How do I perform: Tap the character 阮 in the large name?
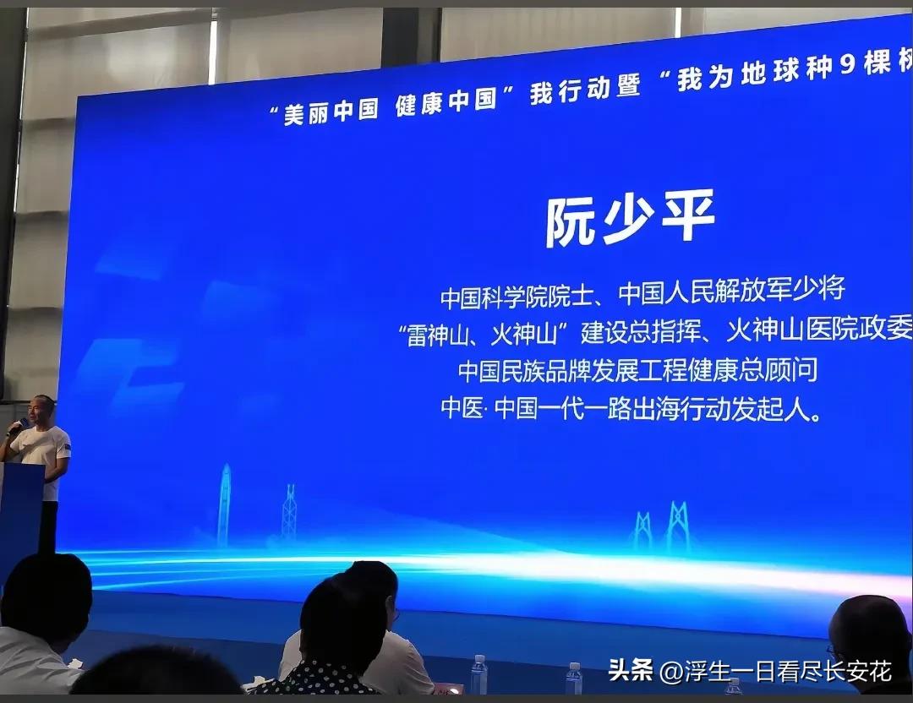pyautogui.click(x=571, y=223)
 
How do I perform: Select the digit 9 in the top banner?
pyautogui.click(x=846, y=65)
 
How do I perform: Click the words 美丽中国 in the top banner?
pyautogui.click(x=331, y=110)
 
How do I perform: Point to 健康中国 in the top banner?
pyautogui.click(x=446, y=100)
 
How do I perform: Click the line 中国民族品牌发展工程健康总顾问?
pyautogui.click(x=638, y=371)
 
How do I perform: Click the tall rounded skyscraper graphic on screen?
pyautogui.click(x=224, y=504)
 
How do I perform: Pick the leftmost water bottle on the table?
pyautogui.click(x=478, y=674)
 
